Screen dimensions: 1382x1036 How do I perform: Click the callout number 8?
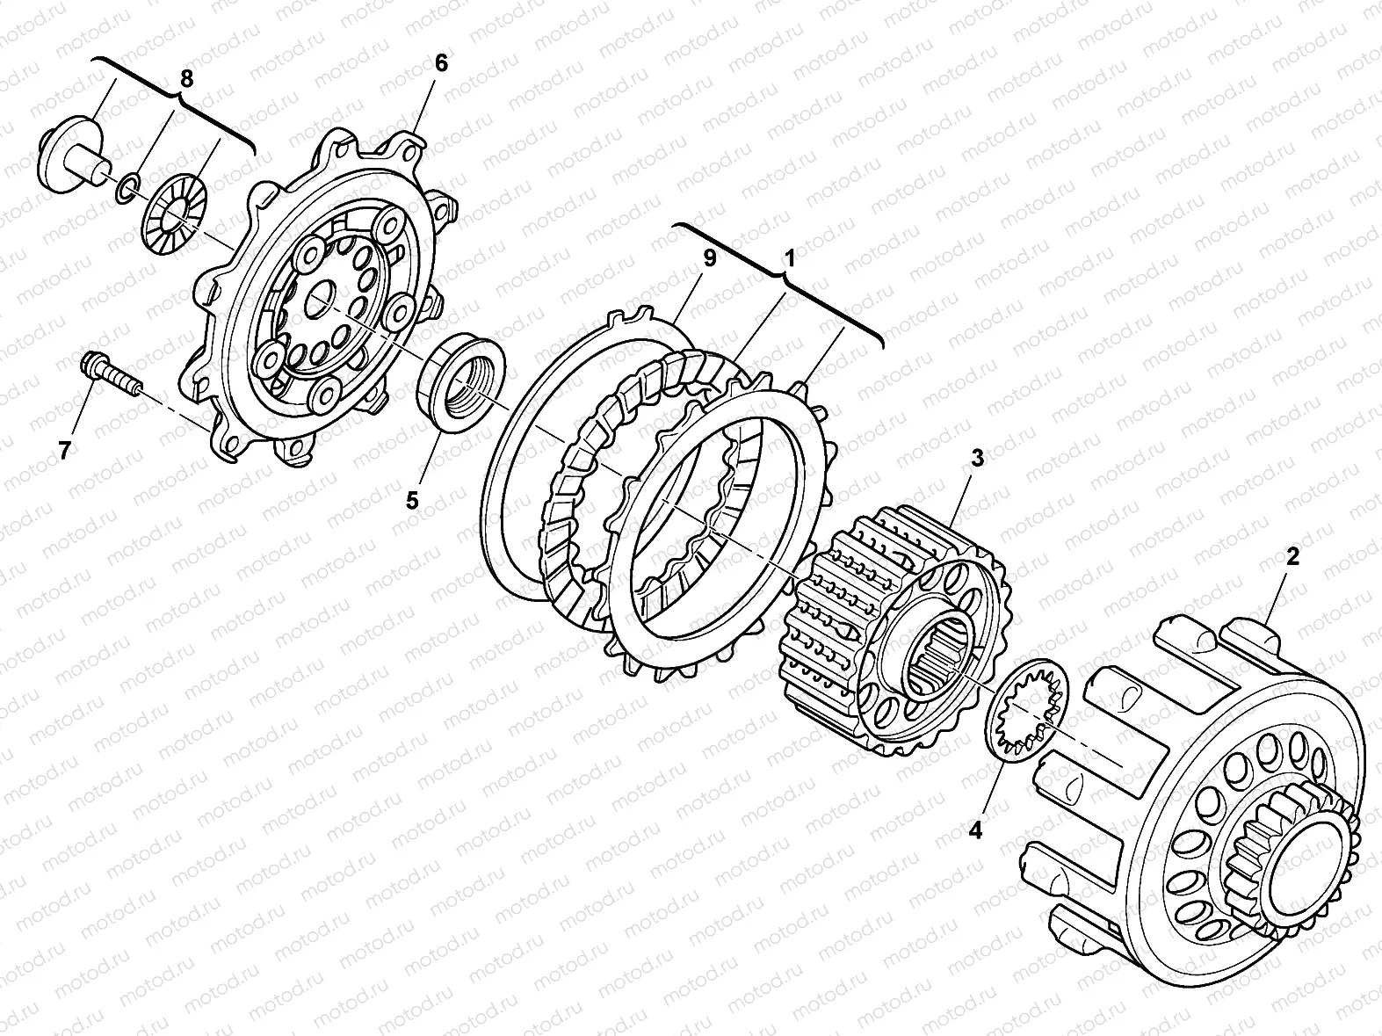click(x=186, y=79)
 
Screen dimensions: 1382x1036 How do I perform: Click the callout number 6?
click(x=441, y=63)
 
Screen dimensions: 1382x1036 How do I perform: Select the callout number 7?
click(x=64, y=451)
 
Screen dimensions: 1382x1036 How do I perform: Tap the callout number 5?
click(x=412, y=501)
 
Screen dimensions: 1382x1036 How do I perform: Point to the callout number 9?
click(x=710, y=258)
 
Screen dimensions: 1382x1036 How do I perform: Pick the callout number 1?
click(x=790, y=258)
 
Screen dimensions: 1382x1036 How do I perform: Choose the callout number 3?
click(x=976, y=459)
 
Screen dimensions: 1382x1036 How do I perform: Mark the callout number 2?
click(x=1292, y=556)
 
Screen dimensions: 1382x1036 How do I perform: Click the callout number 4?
click(x=975, y=830)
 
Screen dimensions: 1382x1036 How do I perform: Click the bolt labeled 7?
click(x=112, y=375)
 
